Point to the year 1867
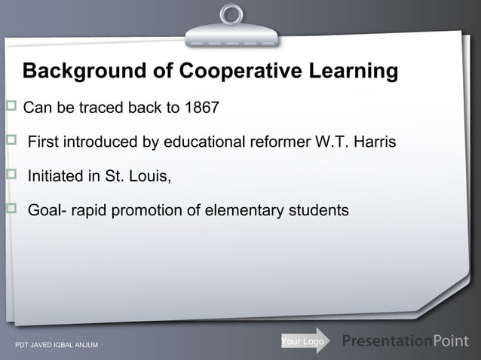201,108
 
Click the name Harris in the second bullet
373,142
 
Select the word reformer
279,142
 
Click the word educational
209,142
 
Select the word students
319,210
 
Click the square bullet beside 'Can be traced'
11,106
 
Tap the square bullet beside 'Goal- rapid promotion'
11,209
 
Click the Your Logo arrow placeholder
305,342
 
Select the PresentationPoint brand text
405,341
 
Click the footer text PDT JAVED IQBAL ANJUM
57,346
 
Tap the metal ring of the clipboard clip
232,14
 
